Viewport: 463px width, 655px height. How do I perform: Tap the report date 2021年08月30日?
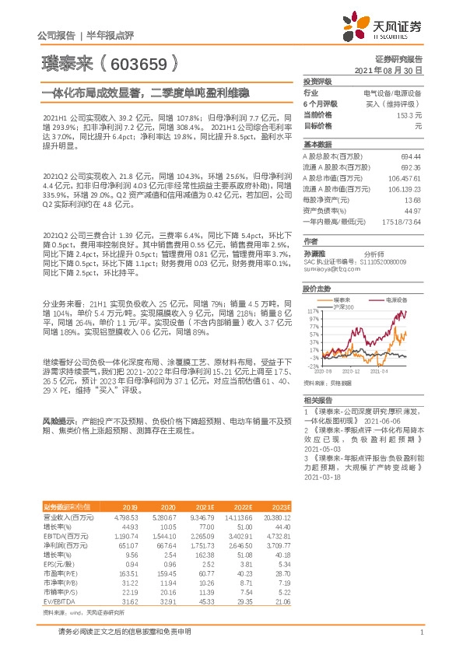point(388,69)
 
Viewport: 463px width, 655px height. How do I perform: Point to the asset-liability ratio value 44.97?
point(412,210)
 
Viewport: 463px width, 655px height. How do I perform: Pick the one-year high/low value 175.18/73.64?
point(402,221)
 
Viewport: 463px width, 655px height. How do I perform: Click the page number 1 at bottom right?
point(421,632)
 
